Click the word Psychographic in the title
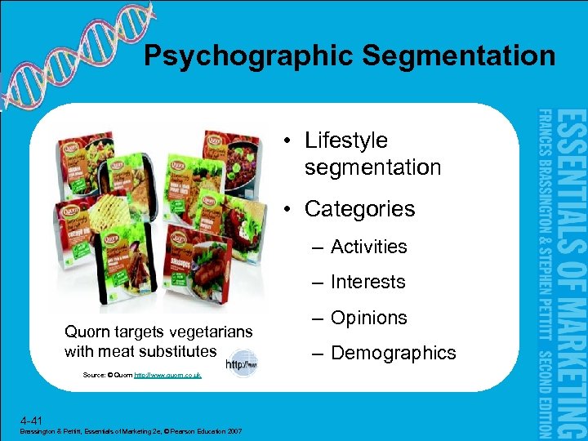click(247, 56)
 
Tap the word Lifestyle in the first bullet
click(346, 140)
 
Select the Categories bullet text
click(359, 209)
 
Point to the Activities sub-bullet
click(368, 247)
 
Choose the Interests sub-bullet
click(367, 282)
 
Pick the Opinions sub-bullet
click(368, 318)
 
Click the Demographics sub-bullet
click(393, 353)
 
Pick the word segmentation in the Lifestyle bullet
click(372, 167)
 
